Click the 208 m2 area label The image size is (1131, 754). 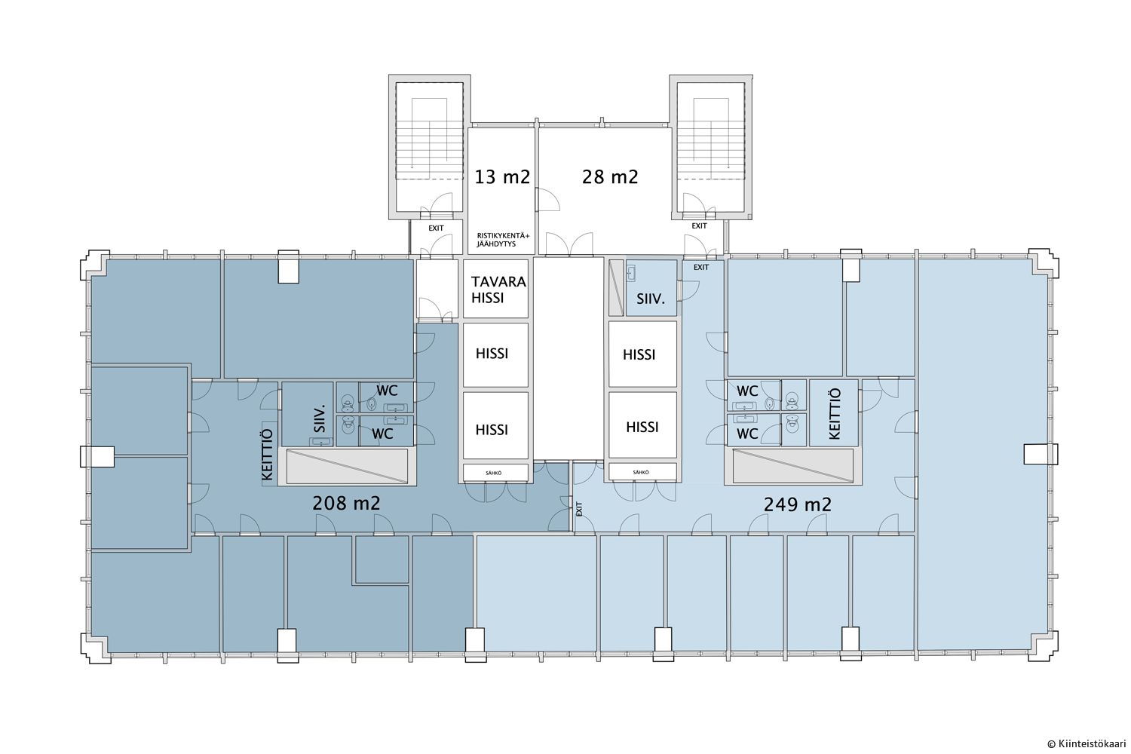pos(346,504)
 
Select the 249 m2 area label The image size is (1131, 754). pos(797,504)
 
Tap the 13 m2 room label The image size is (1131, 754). pos(502,177)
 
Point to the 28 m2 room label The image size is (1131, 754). pos(610,176)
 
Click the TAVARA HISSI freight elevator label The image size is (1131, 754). pos(498,290)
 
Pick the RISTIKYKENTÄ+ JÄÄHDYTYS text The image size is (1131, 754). pos(503,240)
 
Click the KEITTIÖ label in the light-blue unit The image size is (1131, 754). pos(835,414)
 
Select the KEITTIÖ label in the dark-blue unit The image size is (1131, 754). pos(268,454)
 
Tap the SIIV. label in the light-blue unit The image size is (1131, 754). pos(650,299)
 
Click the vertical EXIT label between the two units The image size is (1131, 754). pos(579,508)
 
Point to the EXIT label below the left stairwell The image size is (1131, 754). pos(436,228)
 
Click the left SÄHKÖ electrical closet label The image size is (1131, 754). pos(493,474)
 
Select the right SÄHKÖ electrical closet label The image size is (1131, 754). pos(641,472)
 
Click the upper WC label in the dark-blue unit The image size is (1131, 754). pos(387,391)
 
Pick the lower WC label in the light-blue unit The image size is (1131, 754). pos(747,434)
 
